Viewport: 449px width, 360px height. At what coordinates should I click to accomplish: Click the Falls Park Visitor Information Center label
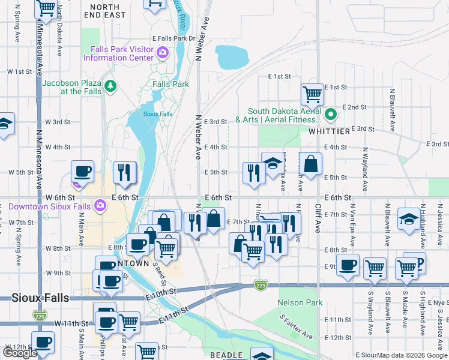point(118,54)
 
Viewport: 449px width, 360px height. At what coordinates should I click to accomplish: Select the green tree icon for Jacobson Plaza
point(110,87)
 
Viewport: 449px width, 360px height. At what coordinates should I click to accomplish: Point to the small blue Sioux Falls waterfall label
point(158,113)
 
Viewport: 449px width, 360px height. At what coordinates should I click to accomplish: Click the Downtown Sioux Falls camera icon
point(100,206)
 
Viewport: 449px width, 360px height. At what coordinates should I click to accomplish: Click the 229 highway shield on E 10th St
point(260,283)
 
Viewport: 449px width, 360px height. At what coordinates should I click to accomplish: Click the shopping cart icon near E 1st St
point(312,93)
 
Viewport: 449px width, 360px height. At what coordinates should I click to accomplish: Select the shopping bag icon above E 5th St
point(311,163)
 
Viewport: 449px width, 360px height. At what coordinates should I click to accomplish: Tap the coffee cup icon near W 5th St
point(82,170)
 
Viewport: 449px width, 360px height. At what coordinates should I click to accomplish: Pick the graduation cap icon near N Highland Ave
point(409,220)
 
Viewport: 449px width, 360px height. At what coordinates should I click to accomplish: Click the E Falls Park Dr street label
point(174,38)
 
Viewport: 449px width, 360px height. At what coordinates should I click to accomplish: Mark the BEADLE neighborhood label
point(226,355)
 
